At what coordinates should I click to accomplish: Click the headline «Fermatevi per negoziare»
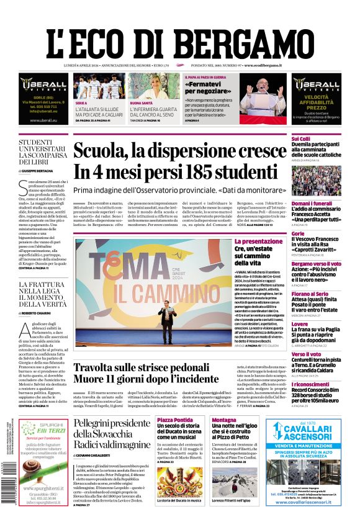tap(209, 87)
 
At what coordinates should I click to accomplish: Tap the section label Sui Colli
tap(300, 139)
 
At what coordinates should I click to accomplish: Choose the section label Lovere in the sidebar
tap(300, 323)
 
